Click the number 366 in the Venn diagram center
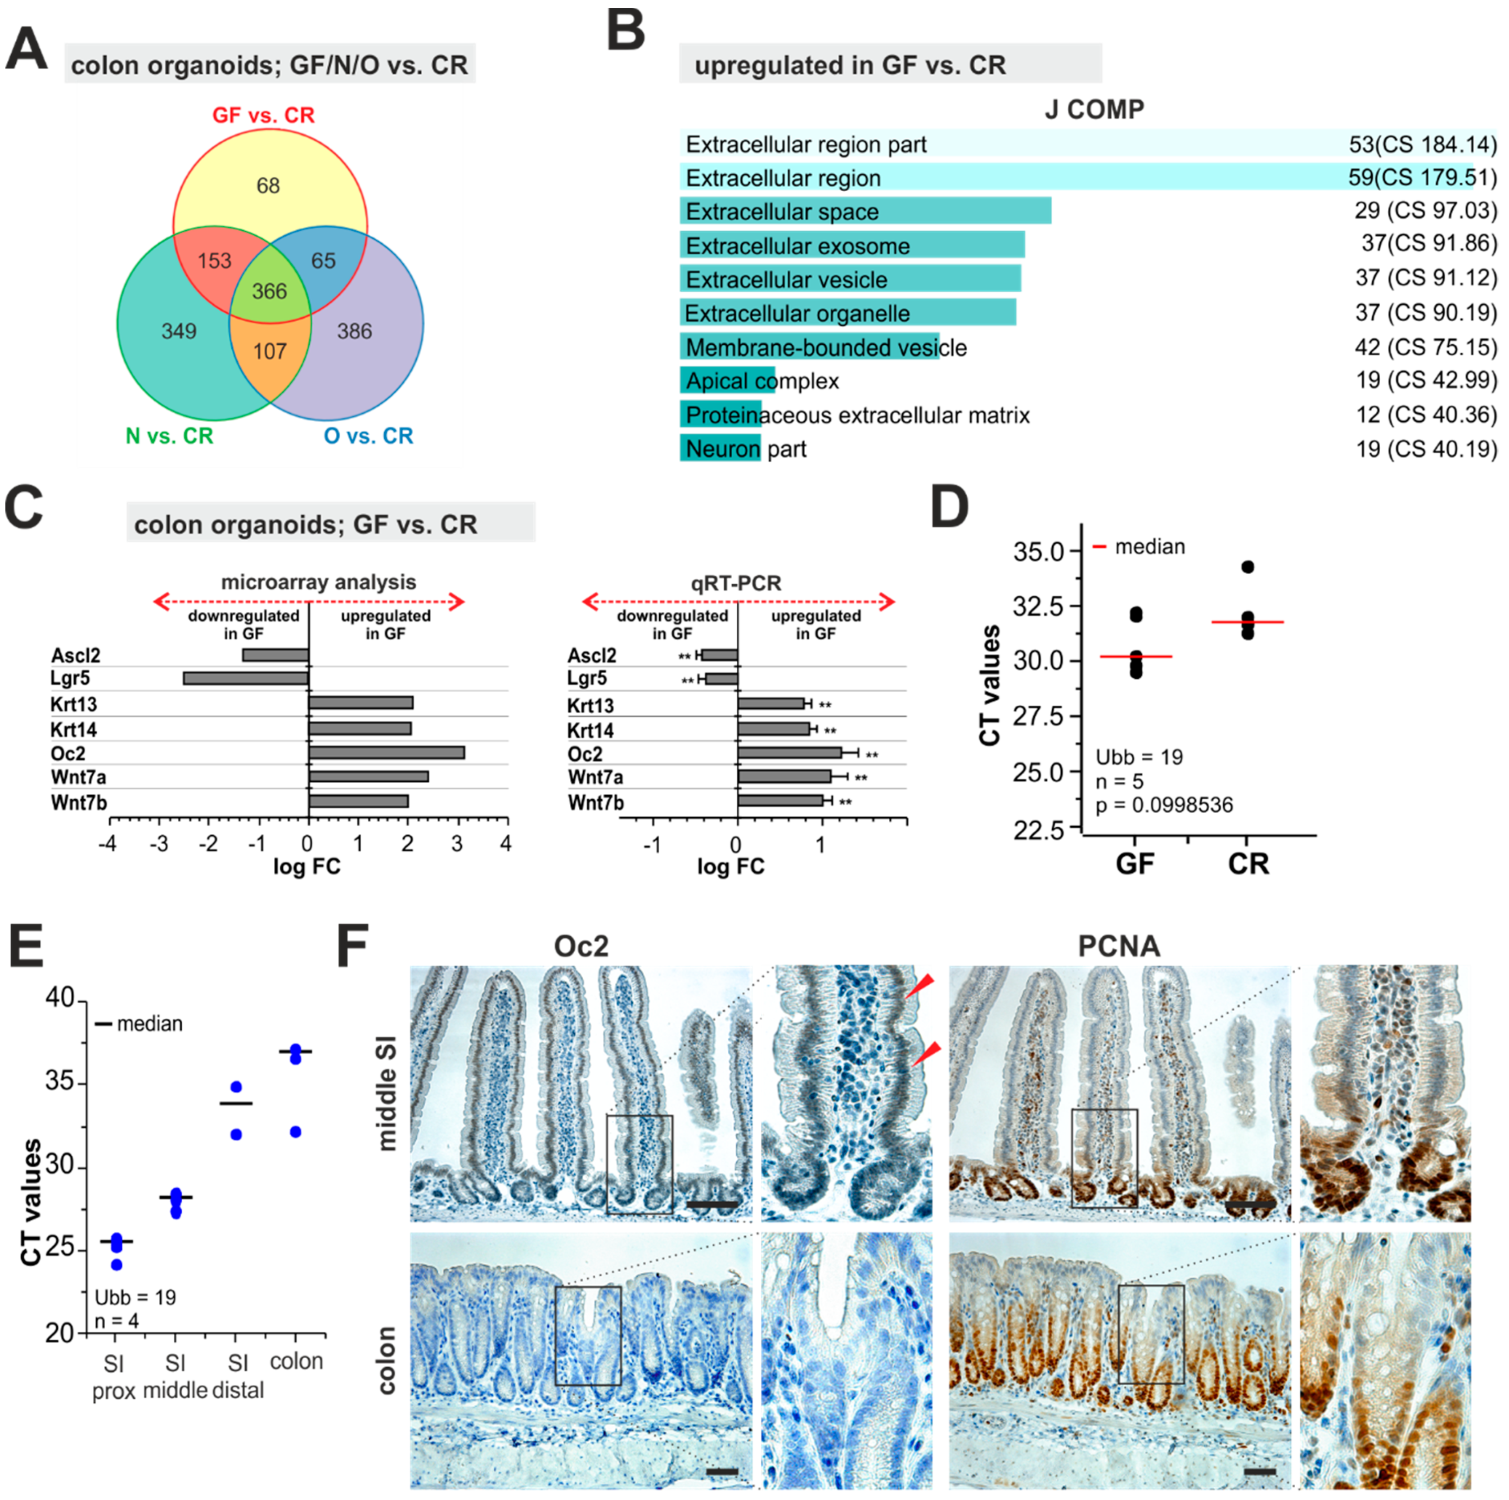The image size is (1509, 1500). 270,292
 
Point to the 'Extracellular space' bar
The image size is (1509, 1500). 865,212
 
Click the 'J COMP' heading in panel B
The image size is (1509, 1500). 1094,109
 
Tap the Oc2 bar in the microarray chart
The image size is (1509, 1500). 387,753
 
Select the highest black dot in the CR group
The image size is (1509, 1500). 1248,567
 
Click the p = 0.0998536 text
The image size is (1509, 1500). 1164,806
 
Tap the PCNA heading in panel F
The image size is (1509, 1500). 1118,946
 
